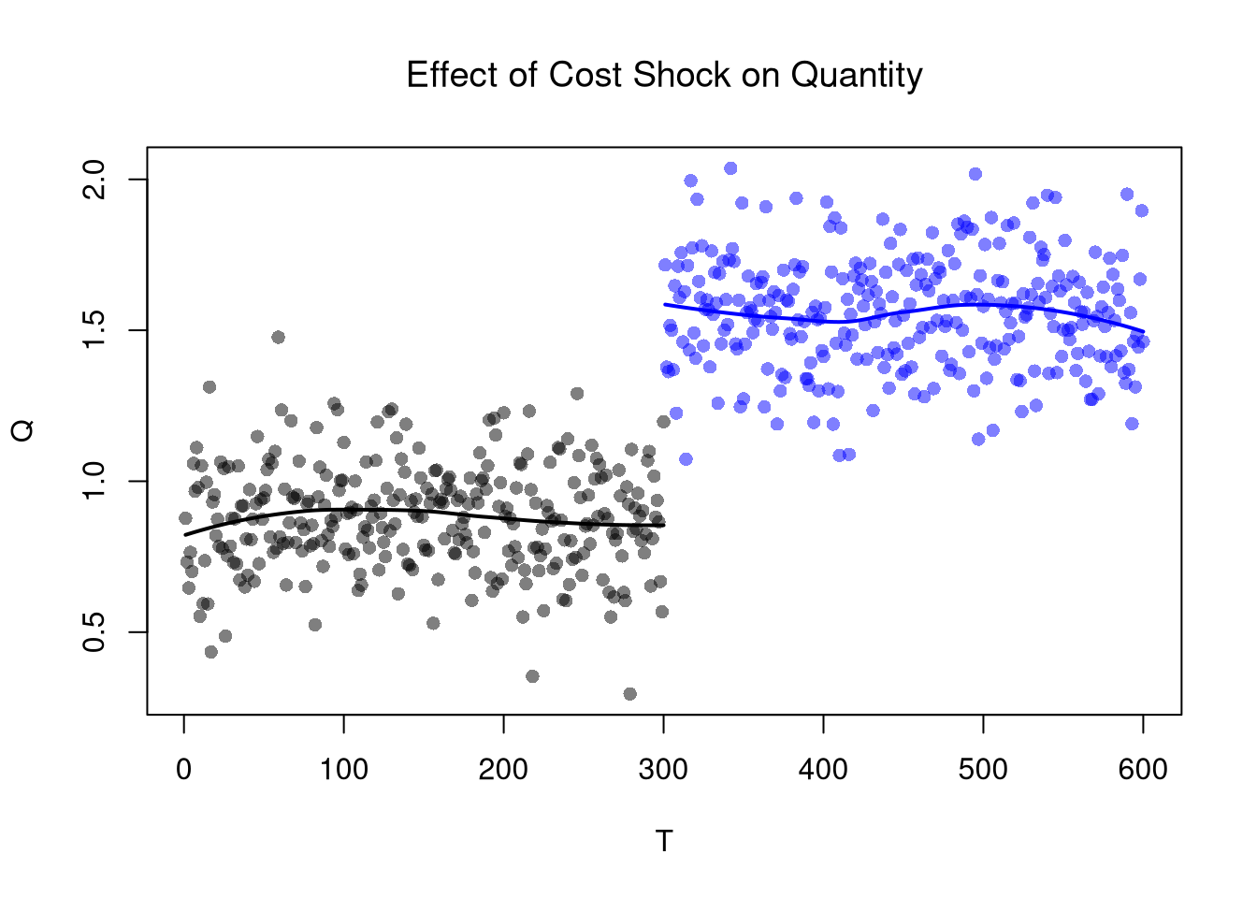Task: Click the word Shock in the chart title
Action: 685,75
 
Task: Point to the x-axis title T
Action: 664,842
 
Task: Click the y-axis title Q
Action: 23,430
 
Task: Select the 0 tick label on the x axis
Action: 184,770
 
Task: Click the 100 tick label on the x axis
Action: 344,770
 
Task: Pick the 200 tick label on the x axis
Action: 504,770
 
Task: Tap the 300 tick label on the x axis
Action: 664,770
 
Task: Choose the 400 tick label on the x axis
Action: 823,770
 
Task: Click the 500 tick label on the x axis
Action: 983,770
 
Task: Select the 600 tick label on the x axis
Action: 1143,770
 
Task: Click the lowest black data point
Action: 629,694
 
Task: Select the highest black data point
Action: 278,337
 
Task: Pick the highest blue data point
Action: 730,168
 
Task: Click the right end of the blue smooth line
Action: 1143,332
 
